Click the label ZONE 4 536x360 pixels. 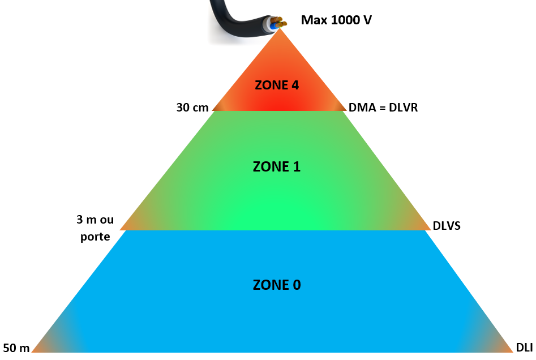point(277,85)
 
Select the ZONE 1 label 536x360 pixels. point(277,166)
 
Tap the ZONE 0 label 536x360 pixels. point(277,285)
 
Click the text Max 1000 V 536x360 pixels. point(336,20)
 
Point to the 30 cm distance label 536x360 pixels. point(192,108)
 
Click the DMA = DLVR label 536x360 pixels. point(383,108)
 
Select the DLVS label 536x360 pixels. point(447,226)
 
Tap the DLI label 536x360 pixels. point(525,347)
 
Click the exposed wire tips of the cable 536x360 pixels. point(278,23)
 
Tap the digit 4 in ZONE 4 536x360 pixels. point(294,85)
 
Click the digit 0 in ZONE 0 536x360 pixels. point(296,285)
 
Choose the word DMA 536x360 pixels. point(361,108)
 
